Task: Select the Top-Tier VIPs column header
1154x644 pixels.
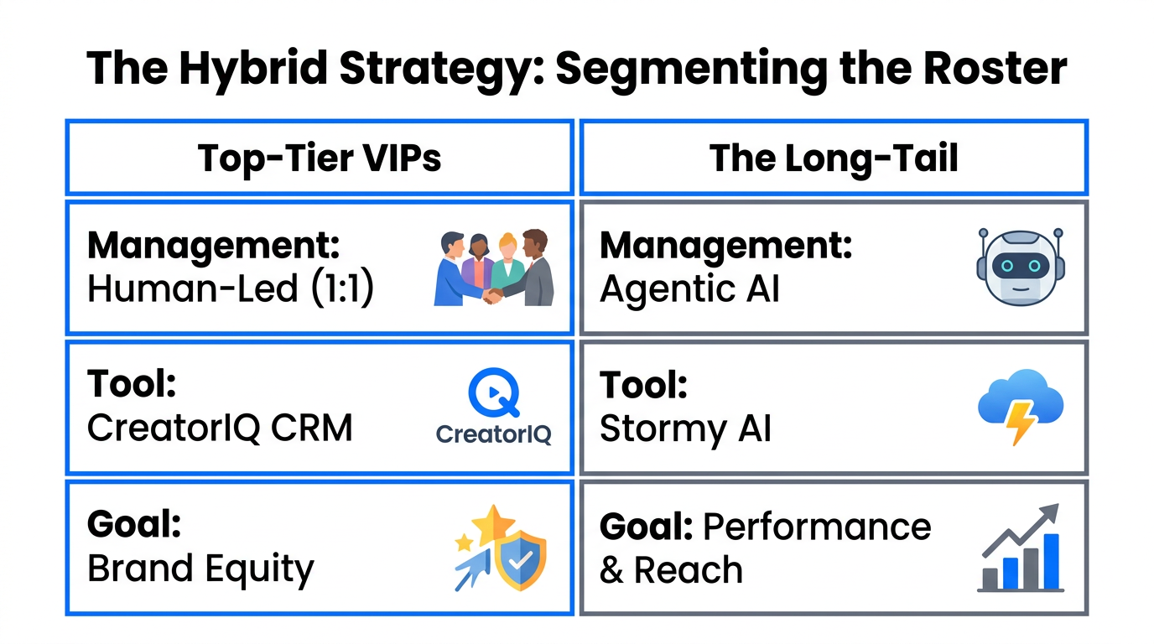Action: [319, 158]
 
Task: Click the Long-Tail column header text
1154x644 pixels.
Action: [834, 158]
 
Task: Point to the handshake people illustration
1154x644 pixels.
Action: [494, 268]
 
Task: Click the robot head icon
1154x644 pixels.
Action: [1020, 267]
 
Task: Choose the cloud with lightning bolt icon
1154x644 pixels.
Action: [1020, 408]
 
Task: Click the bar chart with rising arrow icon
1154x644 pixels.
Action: [1020, 548]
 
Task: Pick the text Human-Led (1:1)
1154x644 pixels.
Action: [230, 289]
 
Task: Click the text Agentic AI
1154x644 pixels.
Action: [689, 289]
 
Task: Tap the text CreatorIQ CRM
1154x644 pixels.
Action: [220, 428]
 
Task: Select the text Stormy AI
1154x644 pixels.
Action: [685, 428]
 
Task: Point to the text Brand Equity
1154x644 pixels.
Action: [200, 569]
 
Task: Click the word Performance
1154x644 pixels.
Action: [817, 527]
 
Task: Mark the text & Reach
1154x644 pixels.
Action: [671, 570]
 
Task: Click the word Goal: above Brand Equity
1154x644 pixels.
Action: [134, 525]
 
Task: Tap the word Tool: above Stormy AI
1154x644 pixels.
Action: [643, 385]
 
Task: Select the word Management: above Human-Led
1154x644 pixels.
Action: [214, 246]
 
